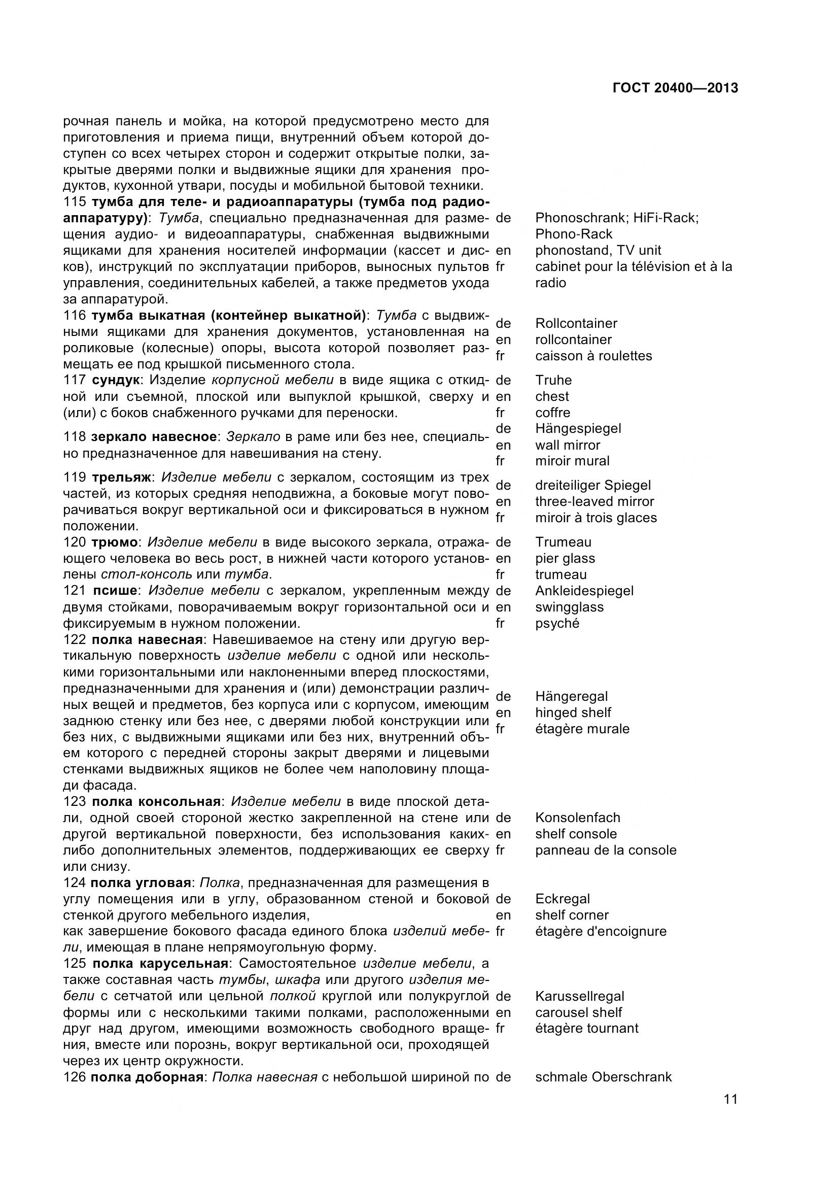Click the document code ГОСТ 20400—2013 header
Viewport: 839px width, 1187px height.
click(x=675, y=88)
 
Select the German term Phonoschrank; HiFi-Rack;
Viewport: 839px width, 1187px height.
click(x=617, y=218)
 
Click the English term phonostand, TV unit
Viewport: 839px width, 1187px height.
click(x=598, y=250)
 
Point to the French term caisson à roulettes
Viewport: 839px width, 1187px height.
click(x=593, y=356)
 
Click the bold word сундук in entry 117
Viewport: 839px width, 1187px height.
click(x=116, y=380)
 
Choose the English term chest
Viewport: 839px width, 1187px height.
click(x=552, y=396)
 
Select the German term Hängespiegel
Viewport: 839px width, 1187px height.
click(x=578, y=429)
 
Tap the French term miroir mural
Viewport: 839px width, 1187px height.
click(x=572, y=461)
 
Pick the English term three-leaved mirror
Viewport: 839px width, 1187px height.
click(x=595, y=501)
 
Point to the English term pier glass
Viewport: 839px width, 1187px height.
click(x=565, y=558)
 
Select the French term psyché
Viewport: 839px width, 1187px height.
click(x=557, y=624)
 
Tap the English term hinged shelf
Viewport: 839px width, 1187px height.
click(x=573, y=713)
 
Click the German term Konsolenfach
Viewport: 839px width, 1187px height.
click(x=578, y=818)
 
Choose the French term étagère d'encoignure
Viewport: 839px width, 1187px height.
click(x=601, y=931)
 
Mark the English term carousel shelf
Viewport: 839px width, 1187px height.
click(x=579, y=1012)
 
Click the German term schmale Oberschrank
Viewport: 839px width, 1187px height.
click(x=604, y=1077)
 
